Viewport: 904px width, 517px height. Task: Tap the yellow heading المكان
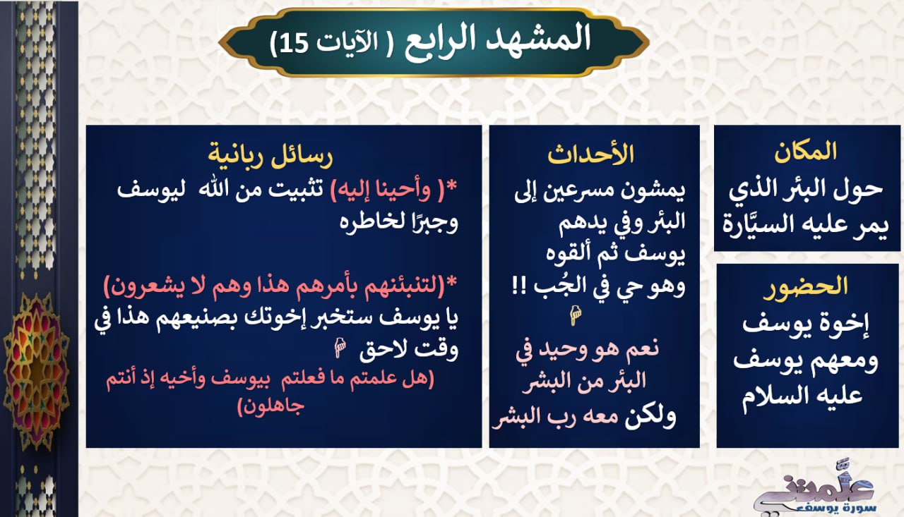[x=805, y=152]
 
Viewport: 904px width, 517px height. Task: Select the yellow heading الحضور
[x=806, y=287]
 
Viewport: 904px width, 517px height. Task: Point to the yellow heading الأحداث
[x=591, y=154]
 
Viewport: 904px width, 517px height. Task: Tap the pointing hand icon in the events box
[x=575, y=315]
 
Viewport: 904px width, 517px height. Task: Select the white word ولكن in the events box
[x=650, y=418]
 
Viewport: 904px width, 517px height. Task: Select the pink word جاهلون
[x=270, y=406]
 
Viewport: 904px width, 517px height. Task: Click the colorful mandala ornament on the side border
[x=36, y=371]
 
